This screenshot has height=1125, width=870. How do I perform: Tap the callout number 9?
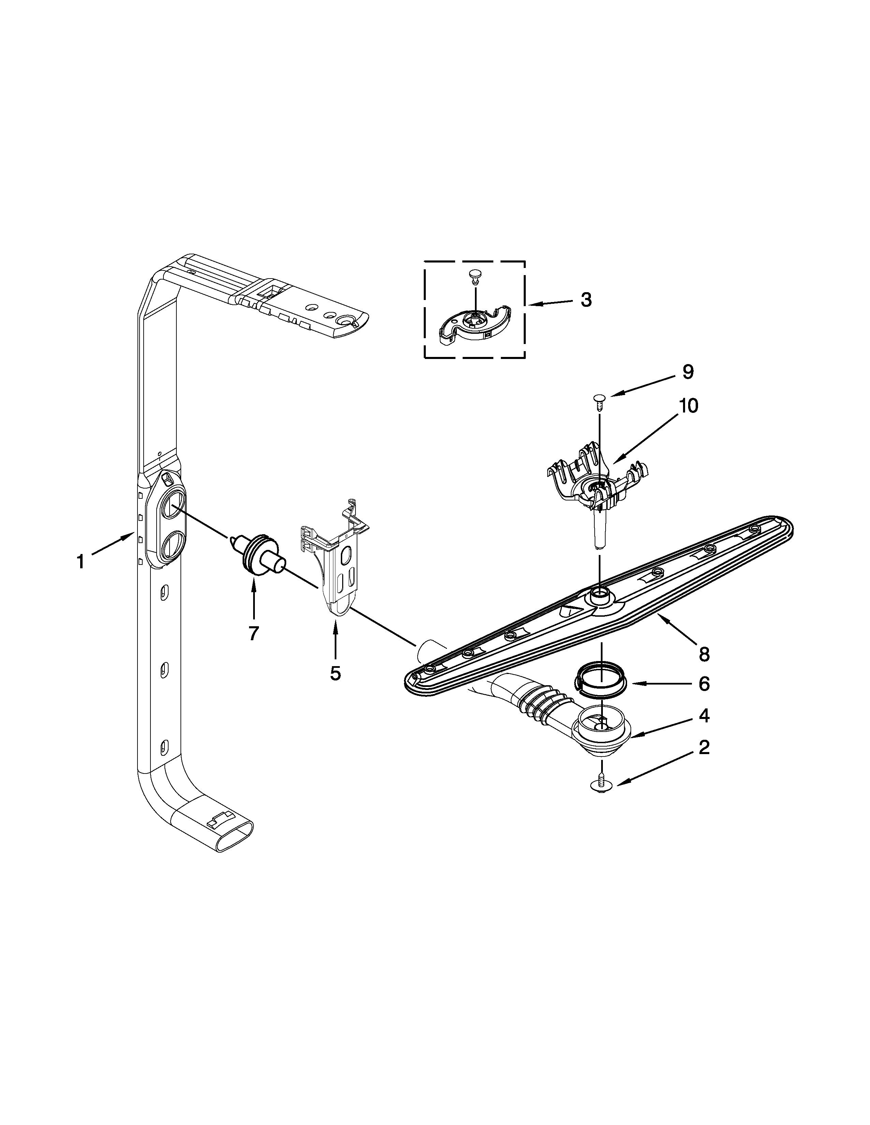688,372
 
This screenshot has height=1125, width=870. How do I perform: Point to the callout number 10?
688,406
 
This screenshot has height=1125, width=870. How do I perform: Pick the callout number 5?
335,673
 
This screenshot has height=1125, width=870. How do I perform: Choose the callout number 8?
704,654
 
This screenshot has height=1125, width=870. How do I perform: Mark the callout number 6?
704,684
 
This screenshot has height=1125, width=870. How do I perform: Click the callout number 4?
704,716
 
